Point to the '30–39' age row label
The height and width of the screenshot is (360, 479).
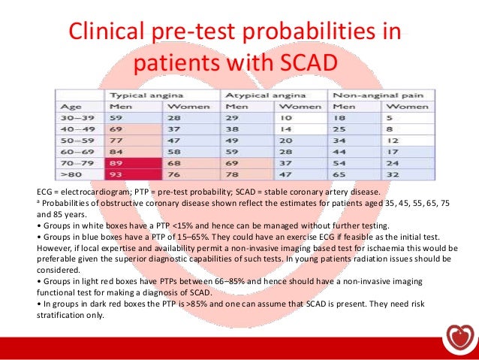click(x=79, y=119)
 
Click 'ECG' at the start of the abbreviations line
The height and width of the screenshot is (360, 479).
click(x=47, y=192)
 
